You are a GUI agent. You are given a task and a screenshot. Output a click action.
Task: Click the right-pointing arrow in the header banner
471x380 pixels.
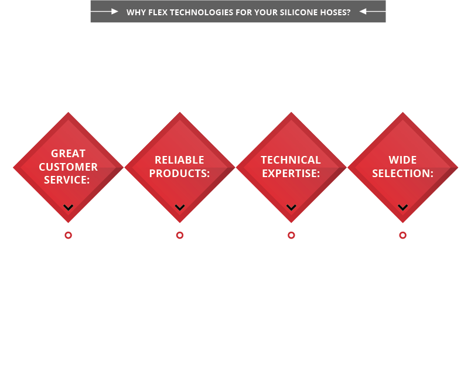104,11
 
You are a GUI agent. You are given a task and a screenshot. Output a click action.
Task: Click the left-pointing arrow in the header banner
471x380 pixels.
373,11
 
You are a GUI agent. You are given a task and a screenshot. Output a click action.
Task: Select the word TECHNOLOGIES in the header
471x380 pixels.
202,12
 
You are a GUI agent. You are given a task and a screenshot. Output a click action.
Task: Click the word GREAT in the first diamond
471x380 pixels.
68,153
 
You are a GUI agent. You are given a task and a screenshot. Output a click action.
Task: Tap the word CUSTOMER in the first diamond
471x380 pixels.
68,167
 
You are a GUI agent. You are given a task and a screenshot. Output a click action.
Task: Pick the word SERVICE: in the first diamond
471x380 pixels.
67,180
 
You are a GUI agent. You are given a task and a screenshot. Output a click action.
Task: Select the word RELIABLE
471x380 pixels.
179,160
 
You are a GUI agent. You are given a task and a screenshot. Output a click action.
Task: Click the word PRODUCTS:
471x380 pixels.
179,173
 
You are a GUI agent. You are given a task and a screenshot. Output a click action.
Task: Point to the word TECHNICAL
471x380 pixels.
291,160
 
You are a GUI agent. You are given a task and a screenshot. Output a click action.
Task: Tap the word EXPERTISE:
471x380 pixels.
291,173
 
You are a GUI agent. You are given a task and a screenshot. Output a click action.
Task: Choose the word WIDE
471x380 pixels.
402,160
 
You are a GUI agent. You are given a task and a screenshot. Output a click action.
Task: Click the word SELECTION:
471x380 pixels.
402,173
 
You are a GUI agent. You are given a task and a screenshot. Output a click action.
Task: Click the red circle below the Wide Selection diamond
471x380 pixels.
403,235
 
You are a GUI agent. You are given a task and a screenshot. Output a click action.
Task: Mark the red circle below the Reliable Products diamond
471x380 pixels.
180,235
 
